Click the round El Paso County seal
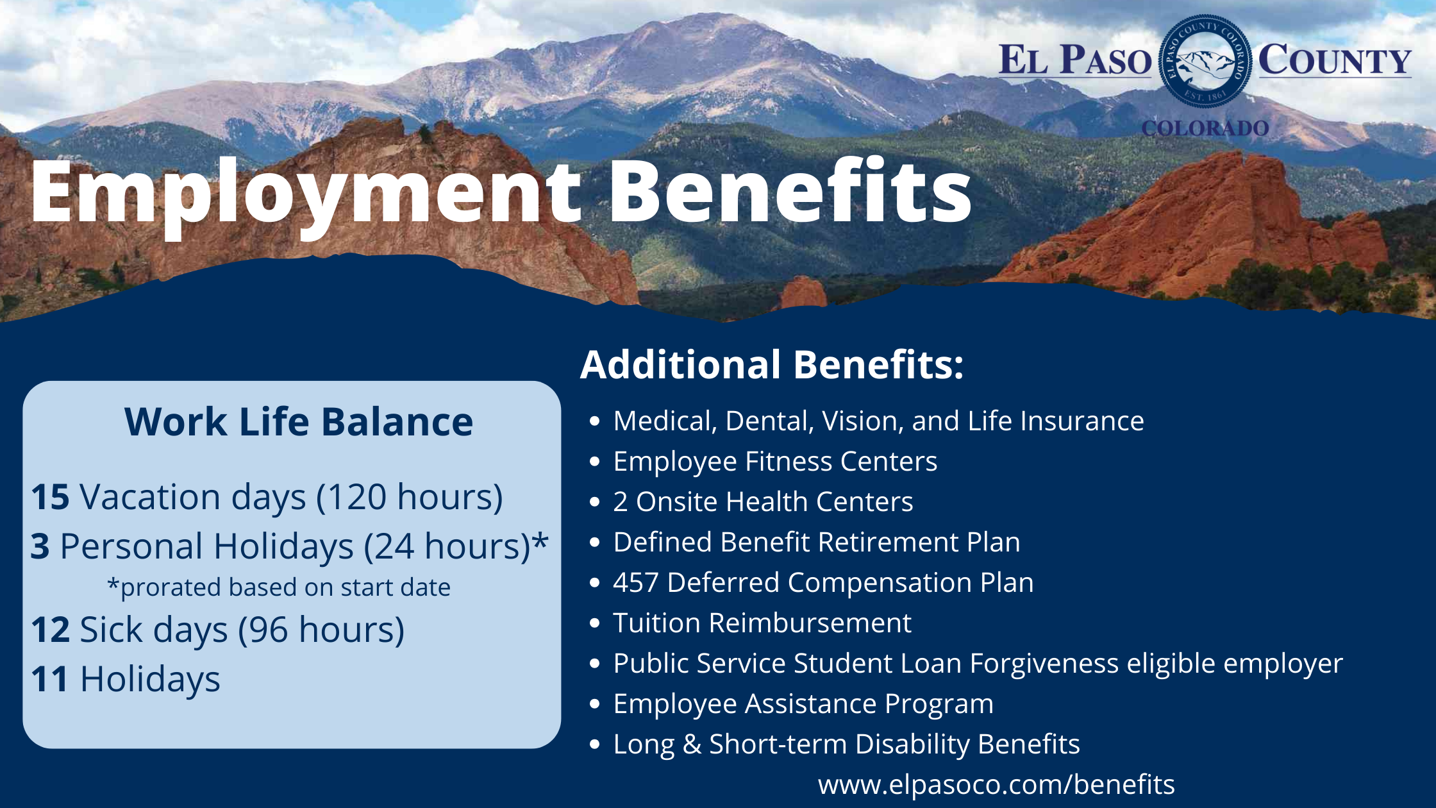point(1205,61)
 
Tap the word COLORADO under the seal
point(1205,128)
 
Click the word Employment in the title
point(305,192)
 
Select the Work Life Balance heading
point(299,422)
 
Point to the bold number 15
point(50,497)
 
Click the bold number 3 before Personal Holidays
point(40,546)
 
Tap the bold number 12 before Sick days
point(50,630)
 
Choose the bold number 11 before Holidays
point(49,679)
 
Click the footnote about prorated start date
point(279,587)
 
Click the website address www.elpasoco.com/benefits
point(996,784)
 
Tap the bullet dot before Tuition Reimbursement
point(595,623)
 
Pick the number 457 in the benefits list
point(635,583)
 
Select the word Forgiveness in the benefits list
point(1044,664)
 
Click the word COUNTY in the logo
point(1335,61)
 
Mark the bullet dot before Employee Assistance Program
point(595,704)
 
